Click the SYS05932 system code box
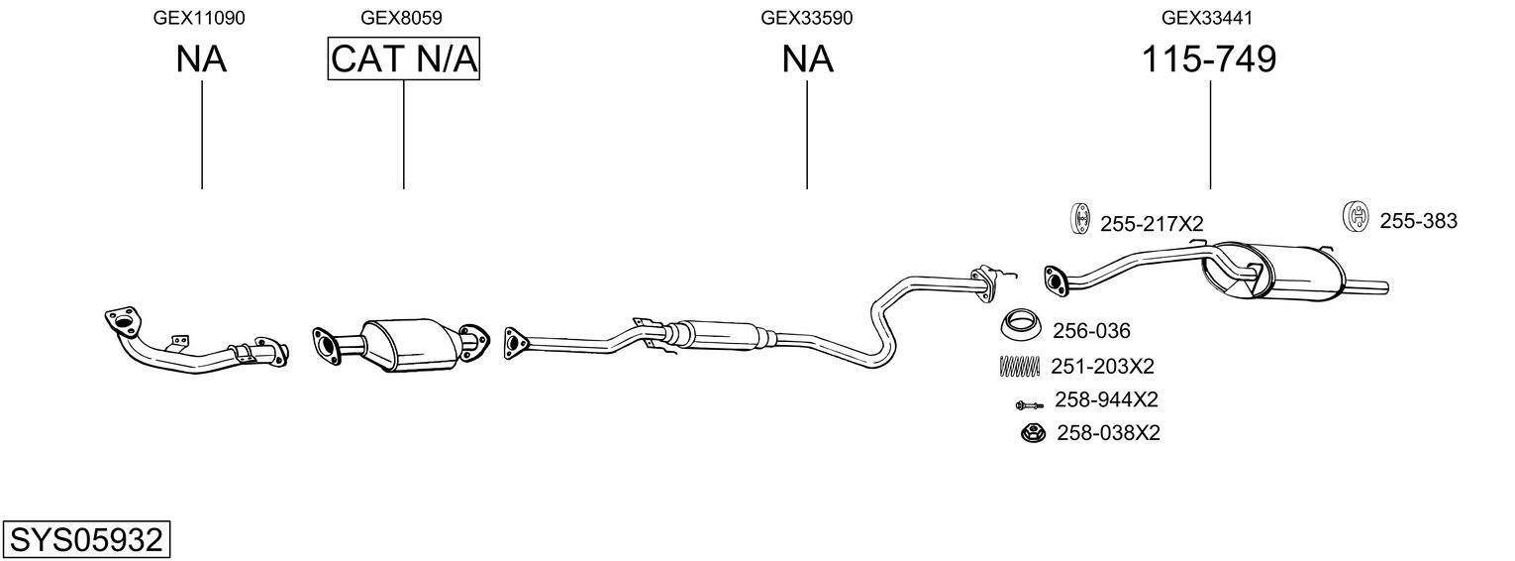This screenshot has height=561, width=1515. point(86,540)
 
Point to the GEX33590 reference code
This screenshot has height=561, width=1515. point(806,18)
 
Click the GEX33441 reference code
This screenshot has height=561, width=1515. point(1208,18)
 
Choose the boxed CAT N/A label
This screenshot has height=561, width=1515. point(404,59)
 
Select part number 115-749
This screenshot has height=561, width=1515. point(1209,59)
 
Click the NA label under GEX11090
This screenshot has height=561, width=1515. point(201,59)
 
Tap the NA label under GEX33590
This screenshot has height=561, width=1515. point(807,59)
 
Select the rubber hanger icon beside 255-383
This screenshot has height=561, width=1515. point(1354,217)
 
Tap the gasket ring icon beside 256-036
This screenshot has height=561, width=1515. point(1020,324)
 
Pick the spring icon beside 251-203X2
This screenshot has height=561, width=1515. point(1019,366)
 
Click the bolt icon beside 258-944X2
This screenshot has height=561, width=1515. point(1028,403)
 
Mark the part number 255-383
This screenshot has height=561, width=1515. point(1418,221)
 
